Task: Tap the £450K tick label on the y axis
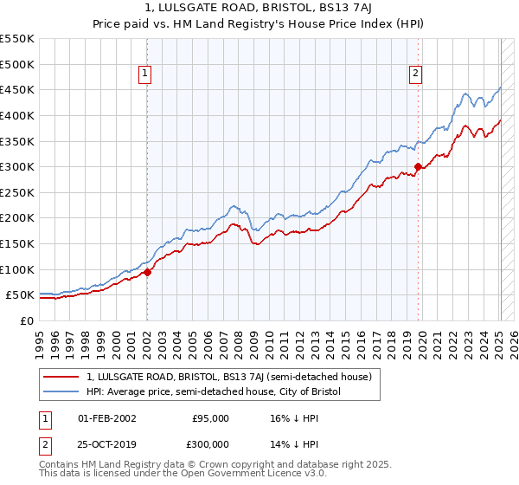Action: point(16,89)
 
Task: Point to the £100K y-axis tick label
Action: point(16,269)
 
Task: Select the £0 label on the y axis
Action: point(26,320)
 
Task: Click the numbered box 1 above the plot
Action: point(144,74)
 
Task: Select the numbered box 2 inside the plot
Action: point(415,74)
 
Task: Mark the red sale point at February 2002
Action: point(147,272)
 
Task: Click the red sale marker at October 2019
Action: point(418,166)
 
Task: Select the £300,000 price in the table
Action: point(210,443)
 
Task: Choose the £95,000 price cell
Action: point(210,418)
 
